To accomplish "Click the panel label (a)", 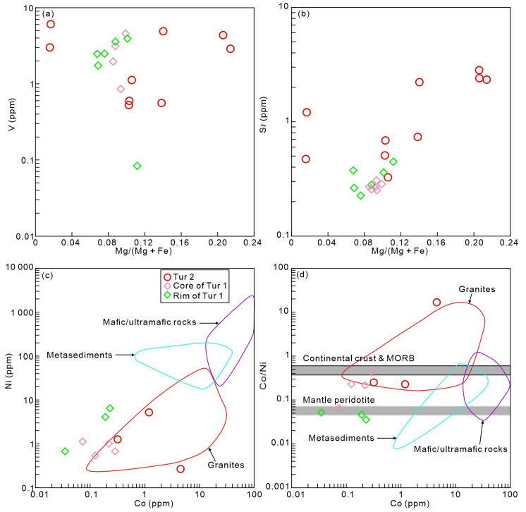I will [x=48, y=14].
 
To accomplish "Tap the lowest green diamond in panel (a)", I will [x=137, y=166].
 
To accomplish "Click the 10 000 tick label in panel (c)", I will [x=18, y=268].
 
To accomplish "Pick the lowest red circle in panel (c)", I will [x=181, y=469].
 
